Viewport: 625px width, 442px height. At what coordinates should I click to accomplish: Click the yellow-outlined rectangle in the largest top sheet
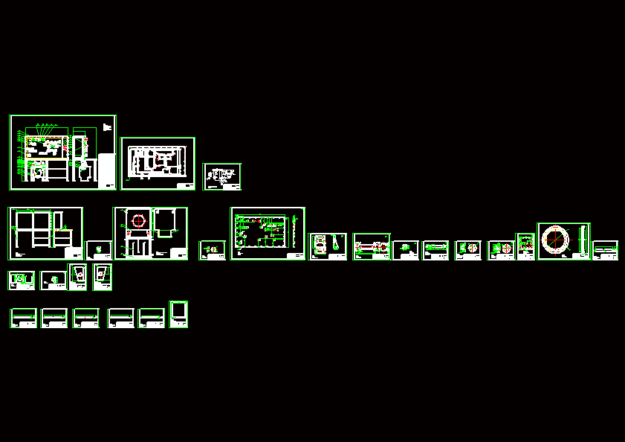coord(45,147)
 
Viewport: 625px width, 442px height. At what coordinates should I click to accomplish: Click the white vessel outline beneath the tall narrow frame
coord(83,172)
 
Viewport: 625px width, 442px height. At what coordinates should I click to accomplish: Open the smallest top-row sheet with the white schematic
coord(221,176)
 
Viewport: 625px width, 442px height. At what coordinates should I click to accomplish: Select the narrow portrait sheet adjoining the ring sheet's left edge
coord(525,246)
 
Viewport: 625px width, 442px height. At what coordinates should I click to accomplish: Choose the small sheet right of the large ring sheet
coord(605,250)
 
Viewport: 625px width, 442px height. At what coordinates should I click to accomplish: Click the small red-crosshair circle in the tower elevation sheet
coord(137,221)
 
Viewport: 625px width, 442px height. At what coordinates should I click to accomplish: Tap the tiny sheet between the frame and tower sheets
coord(98,250)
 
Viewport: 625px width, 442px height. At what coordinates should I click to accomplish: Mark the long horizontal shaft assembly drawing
coord(372,246)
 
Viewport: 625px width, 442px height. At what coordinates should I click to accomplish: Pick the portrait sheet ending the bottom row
coord(178,314)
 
